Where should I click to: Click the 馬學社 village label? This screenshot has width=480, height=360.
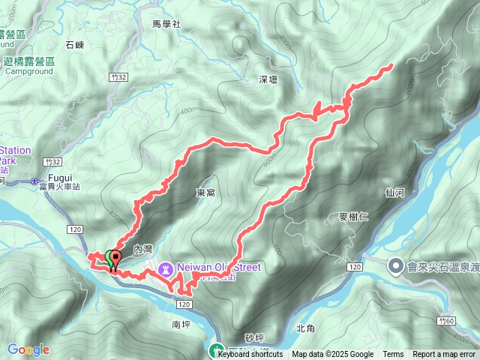click(x=166, y=24)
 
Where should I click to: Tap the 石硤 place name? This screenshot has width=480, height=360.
click(x=75, y=46)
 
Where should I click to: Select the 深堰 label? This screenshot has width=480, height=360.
click(x=268, y=79)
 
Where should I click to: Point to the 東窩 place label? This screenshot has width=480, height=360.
click(x=206, y=193)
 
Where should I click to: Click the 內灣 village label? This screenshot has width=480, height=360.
click(x=143, y=248)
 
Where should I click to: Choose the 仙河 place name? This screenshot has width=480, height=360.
click(x=394, y=193)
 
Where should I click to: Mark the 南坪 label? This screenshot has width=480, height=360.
click(x=181, y=325)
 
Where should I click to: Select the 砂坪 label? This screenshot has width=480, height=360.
click(x=255, y=338)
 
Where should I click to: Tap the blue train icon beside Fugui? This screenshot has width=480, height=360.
click(x=35, y=181)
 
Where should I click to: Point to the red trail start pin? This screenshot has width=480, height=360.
click(x=114, y=259)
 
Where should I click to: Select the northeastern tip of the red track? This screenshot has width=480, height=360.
click(x=391, y=67)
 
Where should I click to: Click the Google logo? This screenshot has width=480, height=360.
click(x=28, y=349)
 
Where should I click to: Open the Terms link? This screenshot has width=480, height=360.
click(x=393, y=355)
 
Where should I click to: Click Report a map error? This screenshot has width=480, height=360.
click(x=444, y=355)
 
